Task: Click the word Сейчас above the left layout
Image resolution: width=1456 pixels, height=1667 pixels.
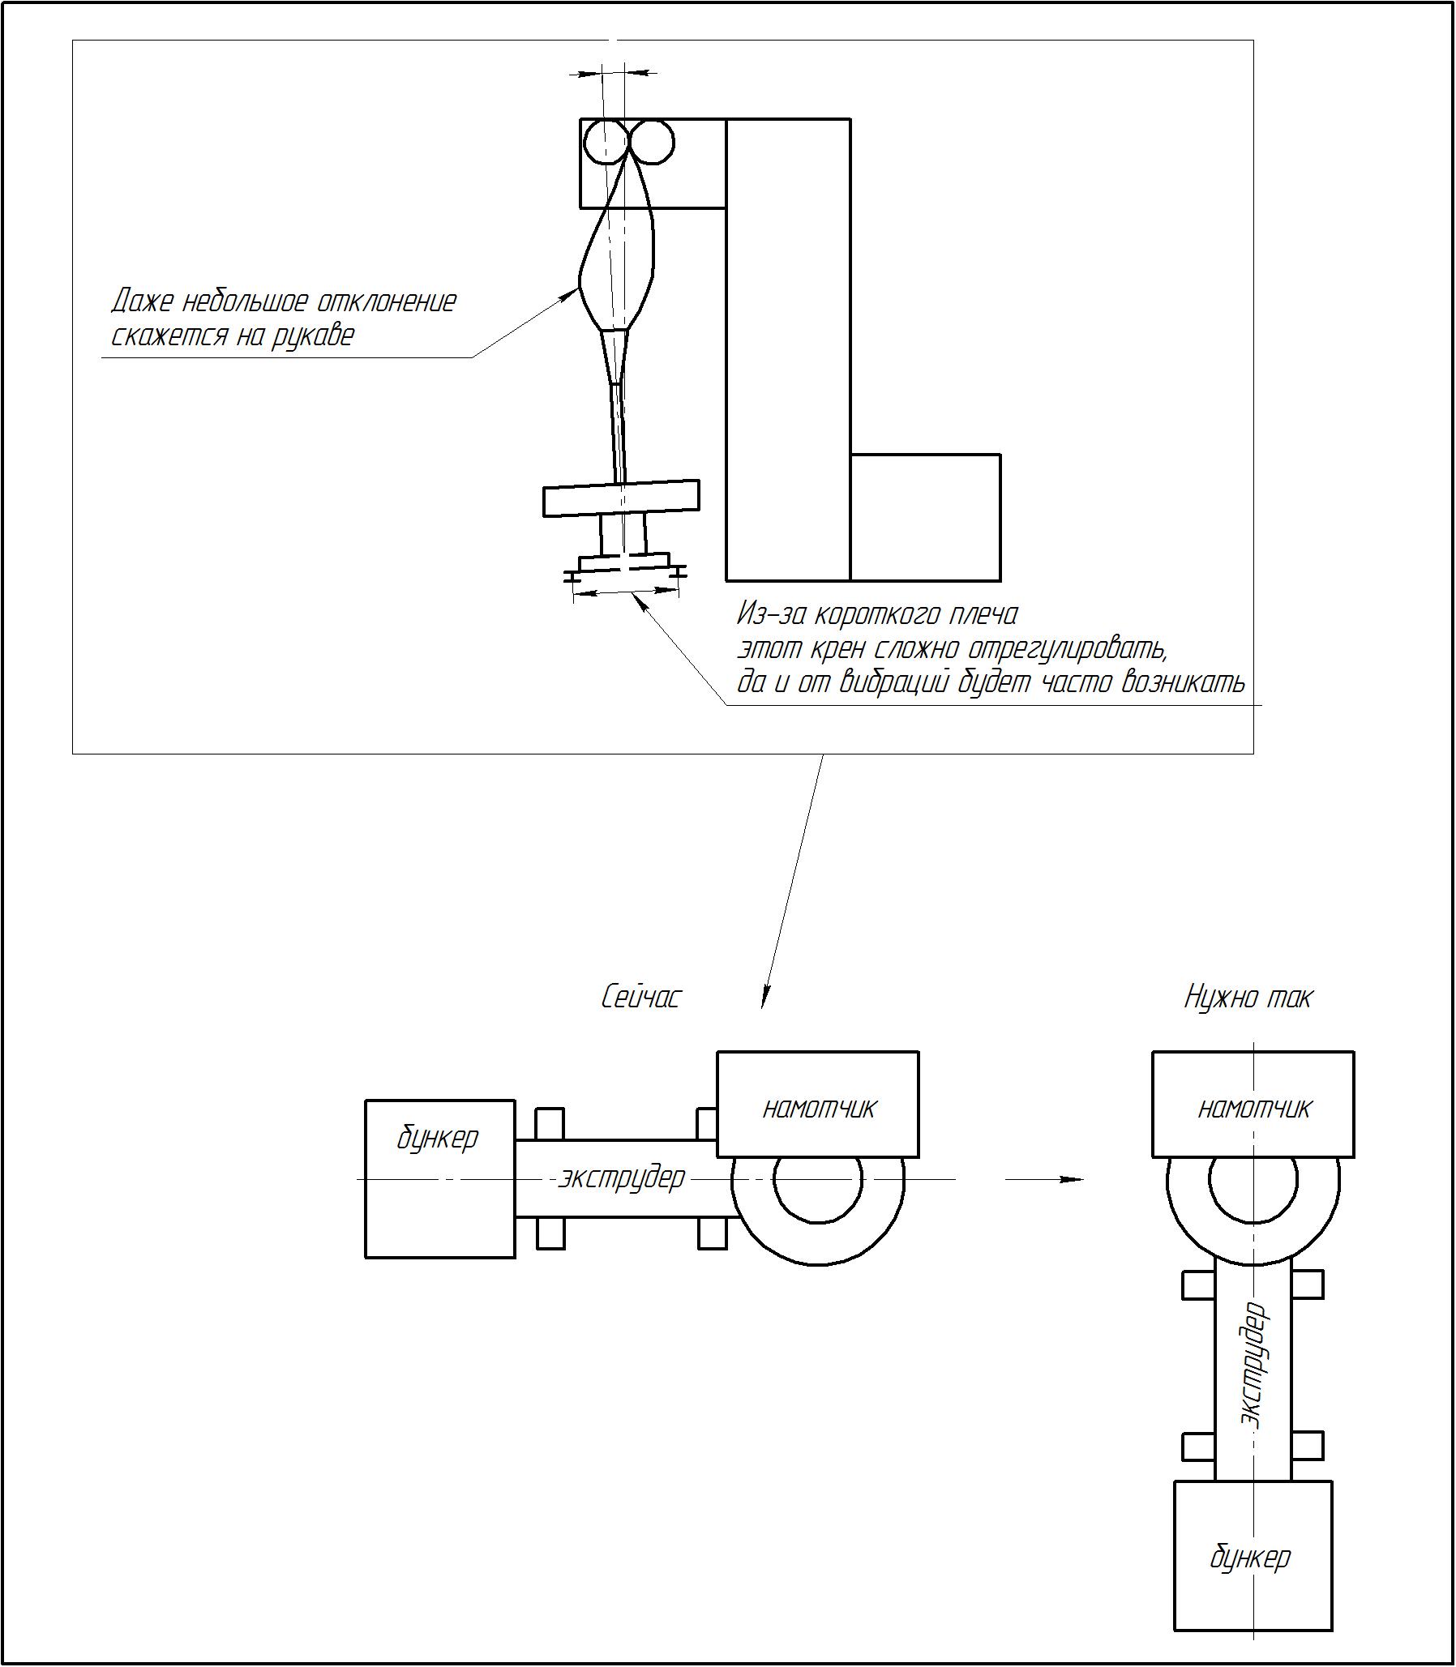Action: [x=641, y=997]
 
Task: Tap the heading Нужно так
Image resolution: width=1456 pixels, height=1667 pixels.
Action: [x=1248, y=997]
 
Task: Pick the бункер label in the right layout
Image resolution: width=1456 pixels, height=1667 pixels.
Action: [x=1250, y=1558]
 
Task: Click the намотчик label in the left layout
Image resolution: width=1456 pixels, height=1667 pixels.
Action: [x=819, y=1109]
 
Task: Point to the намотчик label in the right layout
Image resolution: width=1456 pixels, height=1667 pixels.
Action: [x=1254, y=1109]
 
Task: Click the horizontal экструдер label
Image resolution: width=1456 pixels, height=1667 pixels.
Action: [x=623, y=1178]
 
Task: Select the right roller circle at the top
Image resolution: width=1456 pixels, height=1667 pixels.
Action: [x=652, y=143]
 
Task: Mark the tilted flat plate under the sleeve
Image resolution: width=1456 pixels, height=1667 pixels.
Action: [x=622, y=497]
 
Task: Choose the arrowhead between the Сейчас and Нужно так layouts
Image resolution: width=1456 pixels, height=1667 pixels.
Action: [x=1073, y=1179]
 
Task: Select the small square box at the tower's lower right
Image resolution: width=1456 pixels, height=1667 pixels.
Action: [x=926, y=518]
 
